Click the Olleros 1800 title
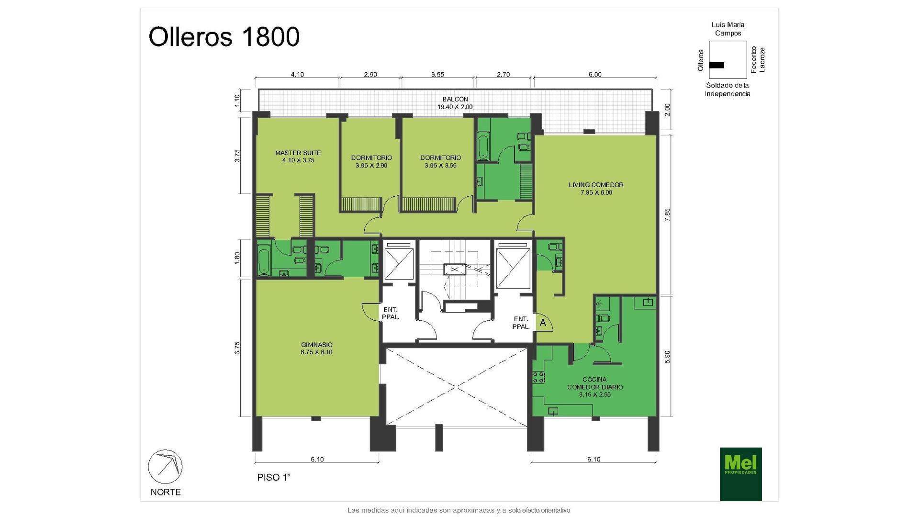[x=224, y=37]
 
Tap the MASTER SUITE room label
[x=298, y=157]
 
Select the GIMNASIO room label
[x=316, y=348]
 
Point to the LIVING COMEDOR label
[x=596, y=189]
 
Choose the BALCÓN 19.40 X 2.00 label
[x=455, y=103]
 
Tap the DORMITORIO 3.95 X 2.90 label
[x=371, y=161]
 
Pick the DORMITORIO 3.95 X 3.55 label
[x=440, y=161]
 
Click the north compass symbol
[x=165, y=466]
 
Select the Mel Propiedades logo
[x=740, y=474]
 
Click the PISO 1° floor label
[x=274, y=477]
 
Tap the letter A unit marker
[x=543, y=323]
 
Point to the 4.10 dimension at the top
[x=297, y=74]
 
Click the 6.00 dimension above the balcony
[x=595, y=74]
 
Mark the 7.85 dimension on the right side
[x=667, y=214]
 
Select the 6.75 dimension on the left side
[x=237, y=348]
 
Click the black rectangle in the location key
[x=717, y=65]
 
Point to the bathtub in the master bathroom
[x=264, y=259]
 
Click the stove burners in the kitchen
[x=538, y=377]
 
